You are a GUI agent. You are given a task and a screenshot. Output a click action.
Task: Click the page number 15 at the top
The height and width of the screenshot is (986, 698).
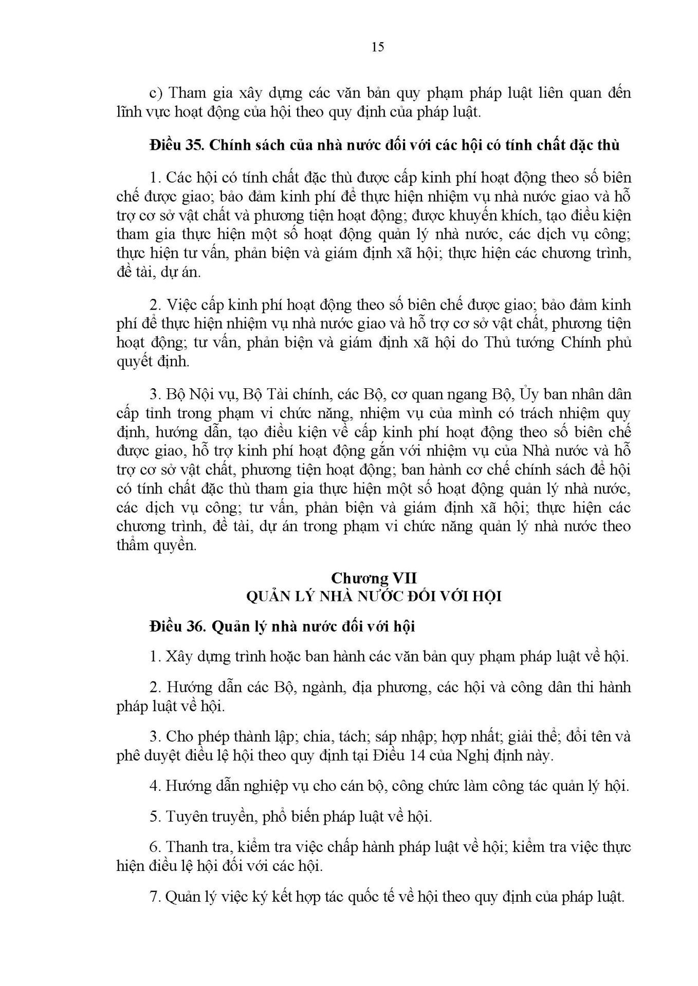(377, 47)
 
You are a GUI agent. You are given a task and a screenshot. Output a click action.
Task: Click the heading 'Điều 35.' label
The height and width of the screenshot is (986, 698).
(176, 145)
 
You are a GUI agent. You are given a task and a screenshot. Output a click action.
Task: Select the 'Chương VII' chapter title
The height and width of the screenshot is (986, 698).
(374, 578)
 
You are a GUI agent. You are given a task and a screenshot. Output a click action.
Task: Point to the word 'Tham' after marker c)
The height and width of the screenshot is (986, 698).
(187, 93)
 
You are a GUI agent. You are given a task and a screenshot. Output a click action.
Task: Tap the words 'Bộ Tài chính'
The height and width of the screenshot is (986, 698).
(287, 394)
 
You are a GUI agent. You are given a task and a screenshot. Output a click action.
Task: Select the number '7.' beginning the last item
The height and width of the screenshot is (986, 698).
(156, 897)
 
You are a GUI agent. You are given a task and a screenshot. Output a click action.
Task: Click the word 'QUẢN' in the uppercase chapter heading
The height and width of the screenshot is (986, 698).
(269, 597)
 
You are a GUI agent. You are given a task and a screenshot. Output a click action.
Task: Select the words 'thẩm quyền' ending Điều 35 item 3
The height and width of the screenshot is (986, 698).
(156, 545)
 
